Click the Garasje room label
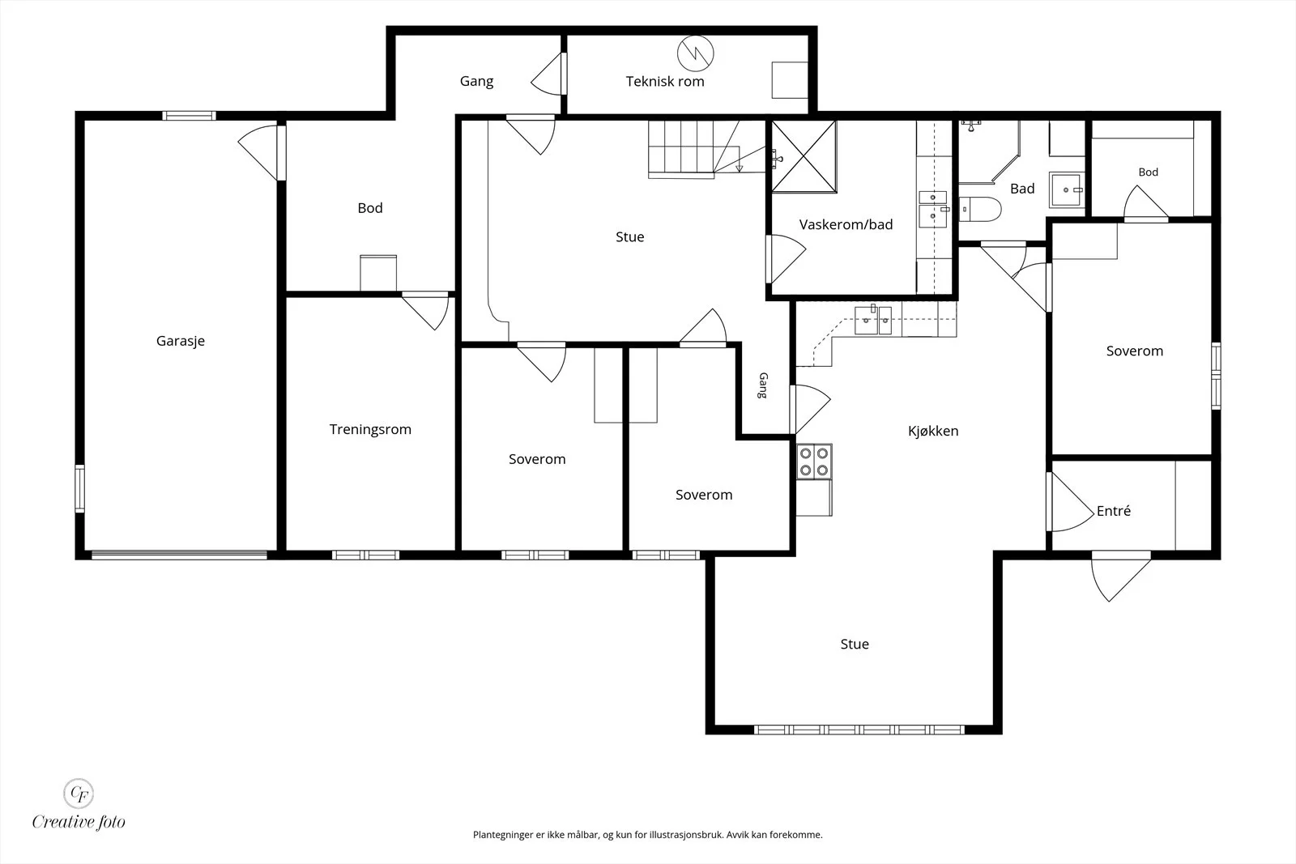click(x=181, y=341)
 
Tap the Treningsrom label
click(x=370, y=430)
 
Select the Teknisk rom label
click(x=665, y=82)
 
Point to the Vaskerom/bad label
click(x=846, y=224)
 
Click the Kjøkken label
click(x=933, y=431)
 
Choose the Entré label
click(x=1114, y=511)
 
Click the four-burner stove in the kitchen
click(x=814, y=462)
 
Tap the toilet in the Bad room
click(x=979, y=210)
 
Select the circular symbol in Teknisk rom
click(x=696, y=53)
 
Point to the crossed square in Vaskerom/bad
click(x=804, y=157)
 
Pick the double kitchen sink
click(x=873, y=320)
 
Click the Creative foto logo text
click(x=79, y=822)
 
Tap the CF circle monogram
click(x=79, y=793)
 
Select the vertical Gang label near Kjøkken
click(x=763, y=385)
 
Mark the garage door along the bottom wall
click(x=179, y=555)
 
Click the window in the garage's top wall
click(x=190, y=116)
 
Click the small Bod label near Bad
click(x=1149, y=172)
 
